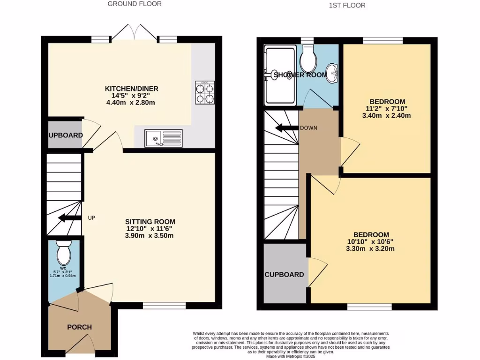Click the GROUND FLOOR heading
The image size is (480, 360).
[x=135, y=4]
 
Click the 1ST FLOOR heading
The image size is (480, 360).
[x=347, y=5]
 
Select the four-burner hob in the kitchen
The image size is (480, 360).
[x=205, y=92]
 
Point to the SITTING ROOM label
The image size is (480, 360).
[x=150, y=222]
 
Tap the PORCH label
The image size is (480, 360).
[x=79, y=327]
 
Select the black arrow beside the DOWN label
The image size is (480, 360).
[x=287, y=128]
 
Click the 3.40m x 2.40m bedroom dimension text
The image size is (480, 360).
[x=387, y=116]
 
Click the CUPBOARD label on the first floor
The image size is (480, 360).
[x=284, y=275]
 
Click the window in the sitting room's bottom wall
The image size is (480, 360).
[x=164, y=306]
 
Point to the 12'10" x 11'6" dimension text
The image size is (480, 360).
[x=150, y=229]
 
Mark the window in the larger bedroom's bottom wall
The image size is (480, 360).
[x=369, y=307]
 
